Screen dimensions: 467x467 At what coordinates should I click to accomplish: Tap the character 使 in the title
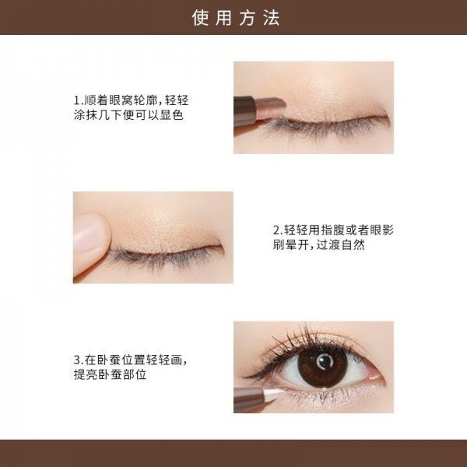pos(201,18)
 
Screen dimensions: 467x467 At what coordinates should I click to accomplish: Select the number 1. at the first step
pos(78,101)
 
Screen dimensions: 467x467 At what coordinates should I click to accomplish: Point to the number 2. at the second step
pos(277,230)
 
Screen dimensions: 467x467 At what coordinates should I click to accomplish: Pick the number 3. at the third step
pos(78,360)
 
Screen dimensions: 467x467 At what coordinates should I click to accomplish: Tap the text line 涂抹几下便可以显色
pos(128,115)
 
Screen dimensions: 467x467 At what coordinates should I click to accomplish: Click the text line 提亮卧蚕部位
pos(111,374)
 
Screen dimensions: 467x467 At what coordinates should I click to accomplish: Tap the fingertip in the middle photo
pos(90,233)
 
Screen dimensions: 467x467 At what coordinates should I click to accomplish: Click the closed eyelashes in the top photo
pos(327,126)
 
